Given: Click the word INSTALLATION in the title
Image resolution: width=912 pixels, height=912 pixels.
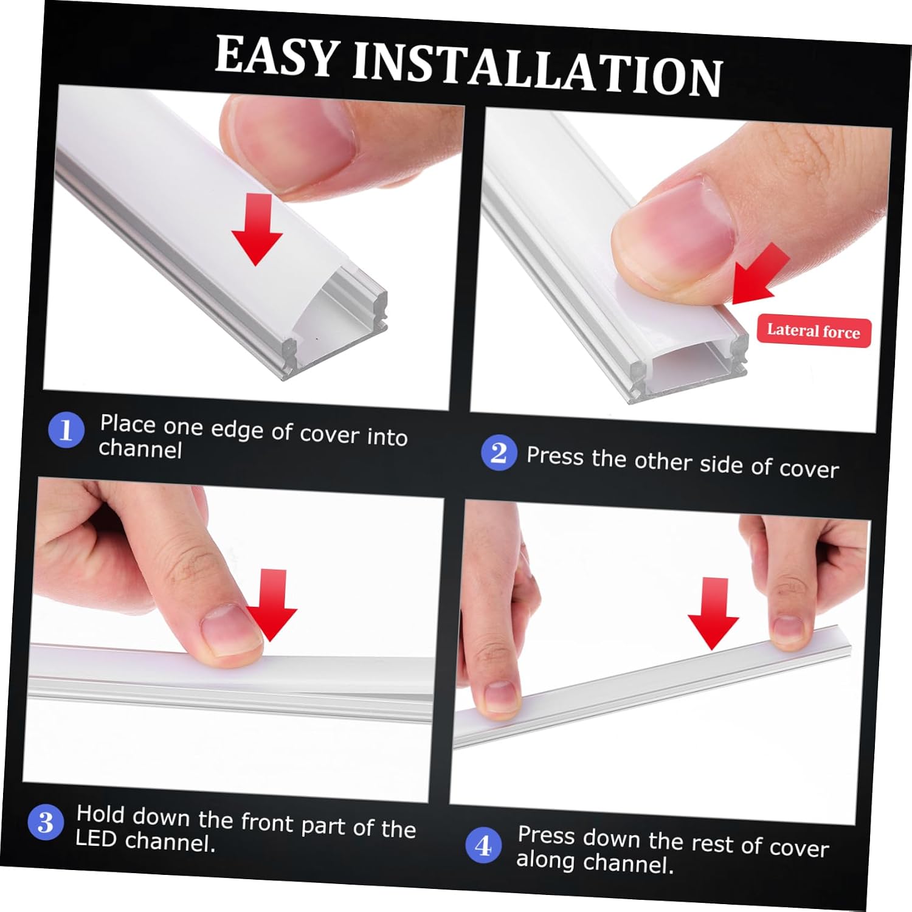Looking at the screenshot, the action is point(537,71).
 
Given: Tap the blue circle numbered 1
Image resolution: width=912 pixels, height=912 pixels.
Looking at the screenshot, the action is point(66,429).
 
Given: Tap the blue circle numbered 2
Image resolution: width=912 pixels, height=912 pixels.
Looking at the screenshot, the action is point(499,453).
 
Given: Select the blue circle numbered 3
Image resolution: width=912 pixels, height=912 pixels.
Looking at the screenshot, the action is point(46,823).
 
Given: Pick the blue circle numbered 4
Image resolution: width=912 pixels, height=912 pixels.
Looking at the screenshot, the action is point(483,845).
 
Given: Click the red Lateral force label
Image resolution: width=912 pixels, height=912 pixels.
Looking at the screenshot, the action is point(814,331).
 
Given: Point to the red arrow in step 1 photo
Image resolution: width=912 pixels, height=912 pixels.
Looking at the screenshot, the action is point(257,230).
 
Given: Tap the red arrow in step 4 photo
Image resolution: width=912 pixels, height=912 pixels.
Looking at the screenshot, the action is point(713,613).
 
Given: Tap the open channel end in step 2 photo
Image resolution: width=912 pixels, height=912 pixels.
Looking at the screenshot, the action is point(687,365).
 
